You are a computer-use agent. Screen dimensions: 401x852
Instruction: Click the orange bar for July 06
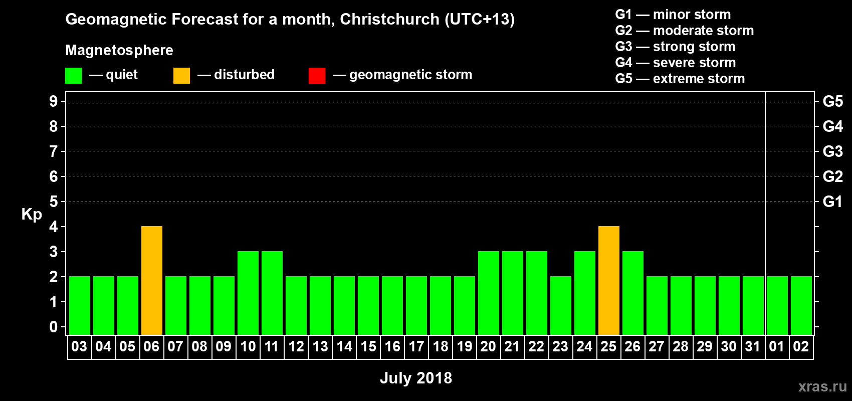152,280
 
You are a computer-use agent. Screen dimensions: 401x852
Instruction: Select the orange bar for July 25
609,280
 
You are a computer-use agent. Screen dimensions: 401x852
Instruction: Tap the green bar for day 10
248,293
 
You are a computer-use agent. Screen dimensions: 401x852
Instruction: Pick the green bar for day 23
561,305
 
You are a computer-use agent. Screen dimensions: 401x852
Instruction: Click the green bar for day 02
801,305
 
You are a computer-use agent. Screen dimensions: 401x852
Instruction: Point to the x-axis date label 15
368,346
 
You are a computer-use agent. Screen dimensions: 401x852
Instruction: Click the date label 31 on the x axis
753,346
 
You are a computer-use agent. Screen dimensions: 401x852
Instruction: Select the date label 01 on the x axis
777,346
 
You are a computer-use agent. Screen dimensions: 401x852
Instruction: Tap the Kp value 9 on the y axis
54,101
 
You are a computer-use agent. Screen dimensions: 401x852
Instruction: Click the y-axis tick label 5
54,202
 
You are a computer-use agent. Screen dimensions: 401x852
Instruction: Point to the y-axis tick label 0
54,327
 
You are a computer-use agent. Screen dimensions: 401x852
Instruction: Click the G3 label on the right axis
832,151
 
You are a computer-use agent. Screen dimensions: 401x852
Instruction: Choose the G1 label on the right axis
832,202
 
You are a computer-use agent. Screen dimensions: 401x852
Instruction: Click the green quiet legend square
74,76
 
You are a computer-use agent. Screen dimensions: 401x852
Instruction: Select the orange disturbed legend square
181,76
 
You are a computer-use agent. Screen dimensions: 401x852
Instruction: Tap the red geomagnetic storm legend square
317,76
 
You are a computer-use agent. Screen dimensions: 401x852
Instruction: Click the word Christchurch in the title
389,19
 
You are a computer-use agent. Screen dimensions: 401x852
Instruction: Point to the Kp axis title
32,214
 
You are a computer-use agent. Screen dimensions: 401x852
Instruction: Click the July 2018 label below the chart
415,378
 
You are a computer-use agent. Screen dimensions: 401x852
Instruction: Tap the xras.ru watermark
822,386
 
